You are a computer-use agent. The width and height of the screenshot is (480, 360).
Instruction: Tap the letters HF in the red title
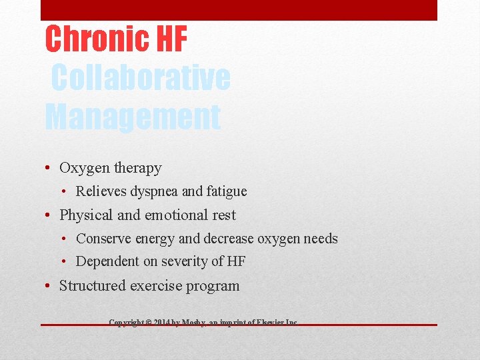[x=172, y=39]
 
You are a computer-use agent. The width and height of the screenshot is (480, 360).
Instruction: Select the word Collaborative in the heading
[x=141, y=78]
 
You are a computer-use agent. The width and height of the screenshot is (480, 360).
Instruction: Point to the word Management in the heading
[x=132, y=117]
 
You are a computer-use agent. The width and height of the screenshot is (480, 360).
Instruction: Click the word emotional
[x=166, y=215]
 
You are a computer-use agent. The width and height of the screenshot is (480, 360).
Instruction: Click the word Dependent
[x=107, y=261]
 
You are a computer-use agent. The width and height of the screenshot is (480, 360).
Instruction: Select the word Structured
[x=92, y=286]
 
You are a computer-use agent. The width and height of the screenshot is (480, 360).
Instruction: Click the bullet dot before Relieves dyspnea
[x=67, y=192]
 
